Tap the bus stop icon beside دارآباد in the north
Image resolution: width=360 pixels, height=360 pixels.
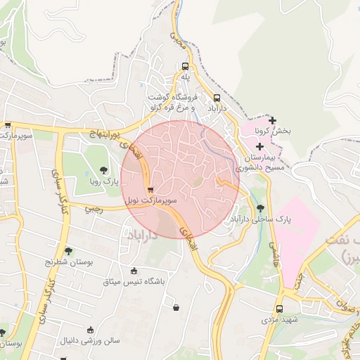tap(216, 98)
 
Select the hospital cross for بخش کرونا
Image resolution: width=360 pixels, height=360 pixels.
tap(272, 121)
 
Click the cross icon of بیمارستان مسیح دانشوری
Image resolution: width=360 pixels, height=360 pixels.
tap(259, 146)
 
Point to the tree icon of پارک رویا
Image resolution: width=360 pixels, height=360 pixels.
tap(103, 169)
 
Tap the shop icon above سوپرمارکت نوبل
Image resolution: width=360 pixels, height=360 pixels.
tap(150, 190)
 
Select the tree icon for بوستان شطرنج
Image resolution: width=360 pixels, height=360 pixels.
tap(67, 250)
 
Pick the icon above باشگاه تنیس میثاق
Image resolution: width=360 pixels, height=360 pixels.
tap(134, 271)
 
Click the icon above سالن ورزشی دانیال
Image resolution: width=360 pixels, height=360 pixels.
tap(89, 330)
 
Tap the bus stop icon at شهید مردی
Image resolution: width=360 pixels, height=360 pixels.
tap(279, 309)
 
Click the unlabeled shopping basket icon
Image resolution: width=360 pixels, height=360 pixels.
tap(175, 307)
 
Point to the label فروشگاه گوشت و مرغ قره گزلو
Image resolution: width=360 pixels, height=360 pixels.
tap(172, 102)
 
